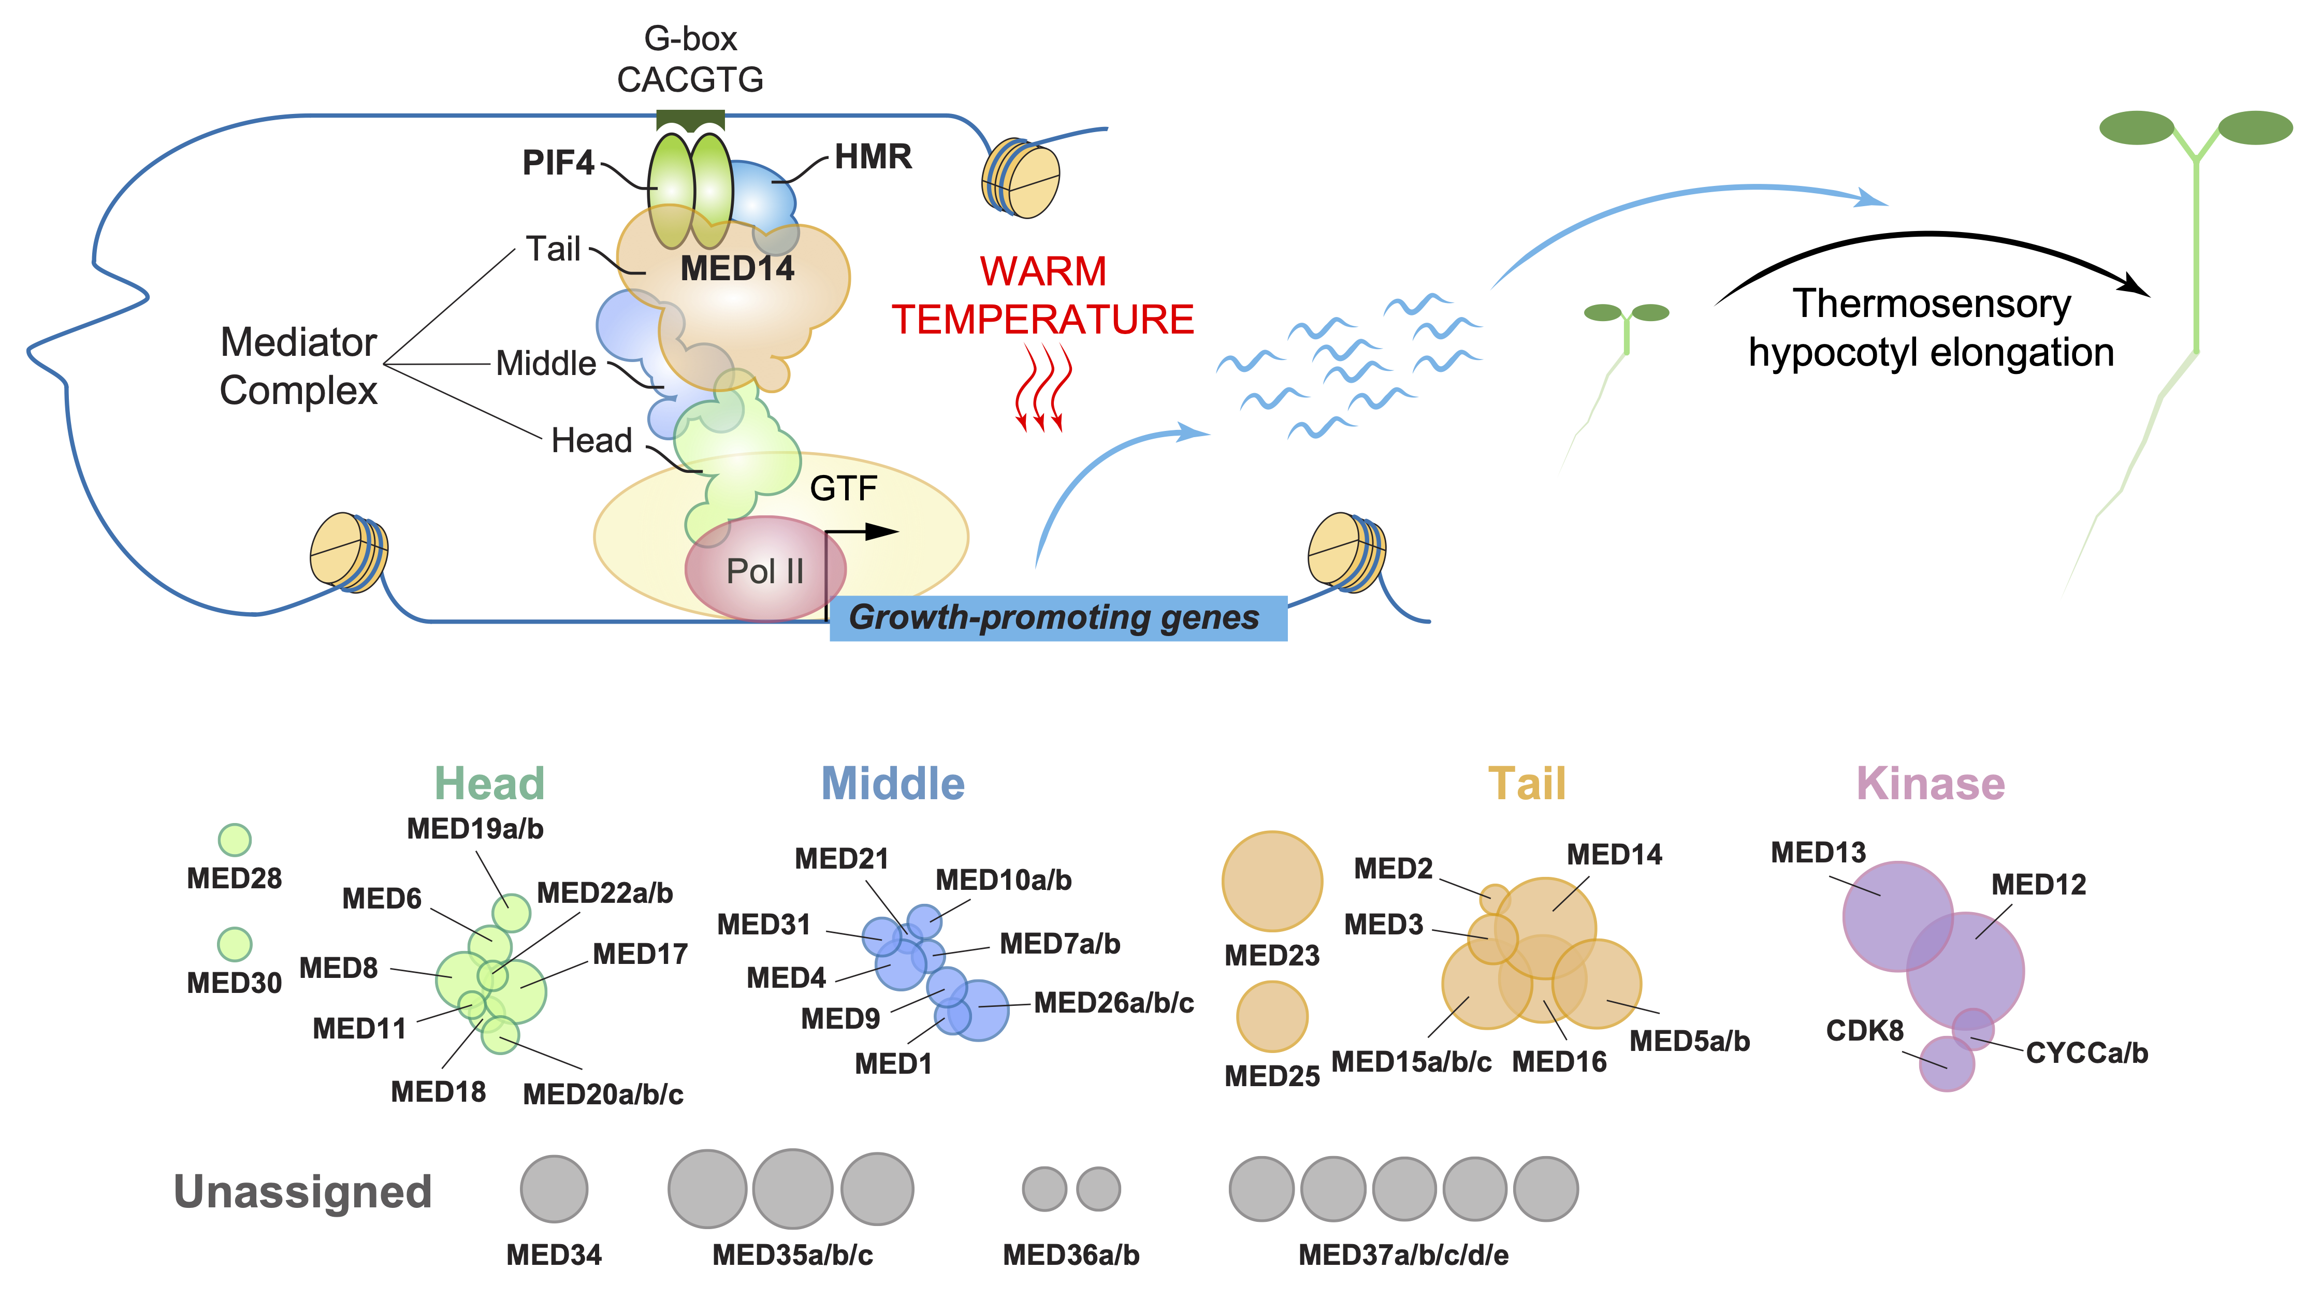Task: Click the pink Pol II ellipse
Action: [x=765, y=570]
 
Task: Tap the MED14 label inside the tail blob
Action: [x=736, y=269]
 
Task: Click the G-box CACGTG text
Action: [x=690, y=60]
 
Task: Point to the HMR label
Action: [x=872, y=157]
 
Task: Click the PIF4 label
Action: [x=558, y=163]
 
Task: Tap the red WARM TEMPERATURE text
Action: [x=1042, y=296]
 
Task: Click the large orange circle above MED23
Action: [x=1271, y=881]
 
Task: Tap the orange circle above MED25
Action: [x=1271, y=1016]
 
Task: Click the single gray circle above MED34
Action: [x=554, y=1189]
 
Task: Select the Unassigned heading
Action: [x=303, y=1192]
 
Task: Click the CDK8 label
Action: [x=1864, y=1030]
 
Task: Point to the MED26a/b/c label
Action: [x=1114, y=1002]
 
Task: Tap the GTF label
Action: [x=843, y=488]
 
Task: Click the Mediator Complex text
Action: [x=298, y=367]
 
